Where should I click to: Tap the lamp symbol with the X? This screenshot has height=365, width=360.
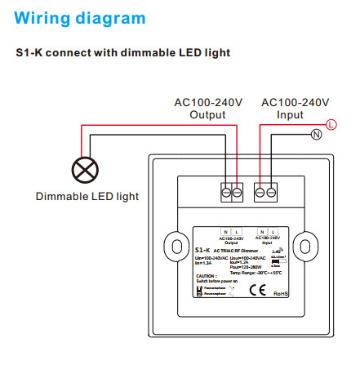point(84,170)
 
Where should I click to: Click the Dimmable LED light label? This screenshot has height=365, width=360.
point(87,196)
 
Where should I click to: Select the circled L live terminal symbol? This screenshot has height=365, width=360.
point(331,124)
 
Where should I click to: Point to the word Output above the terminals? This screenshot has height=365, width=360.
point(207,114)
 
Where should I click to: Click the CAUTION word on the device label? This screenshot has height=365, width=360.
point(206,275)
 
